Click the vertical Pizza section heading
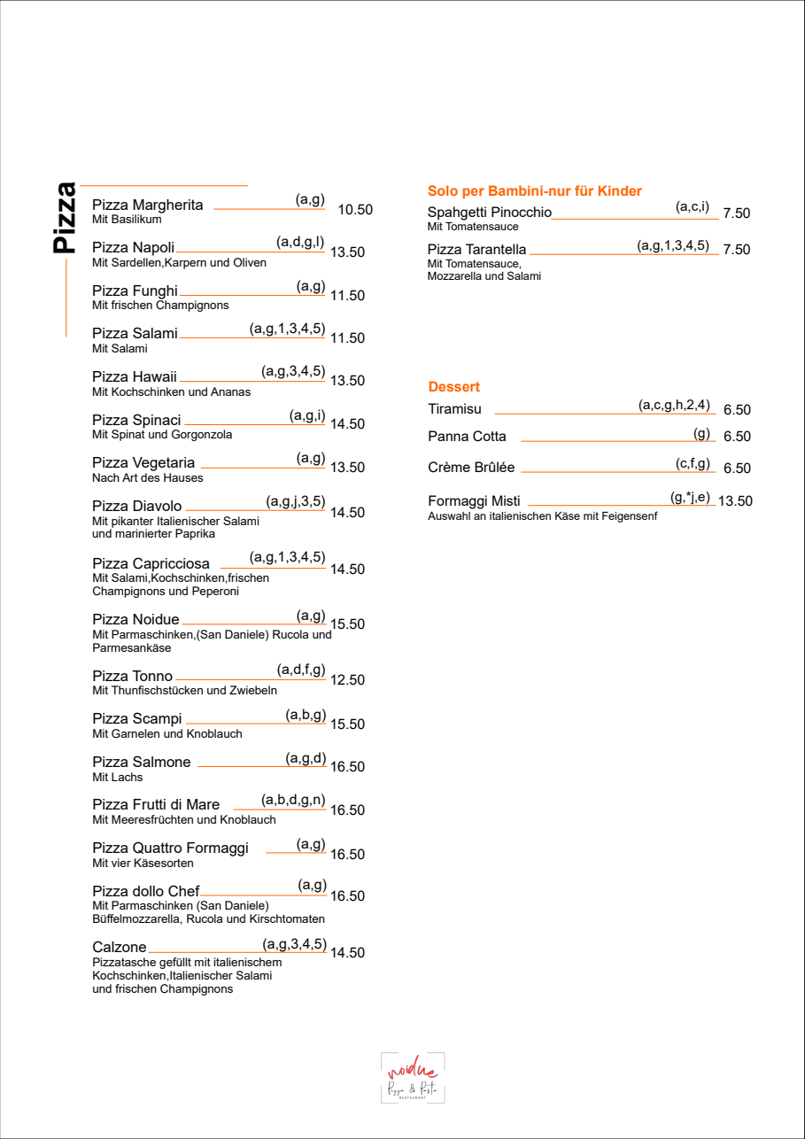click(64, 218)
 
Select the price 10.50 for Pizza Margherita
click(355, 210)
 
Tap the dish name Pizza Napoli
click(133, 248)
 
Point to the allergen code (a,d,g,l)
click(300, 242)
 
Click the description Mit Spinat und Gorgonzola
click(162, 435)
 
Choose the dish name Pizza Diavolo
click(136, 506)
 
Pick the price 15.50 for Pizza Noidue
click(347, 624)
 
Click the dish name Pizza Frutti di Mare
click(156, 805)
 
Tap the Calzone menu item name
click(120, 948)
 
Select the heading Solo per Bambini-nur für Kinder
click(534, 191)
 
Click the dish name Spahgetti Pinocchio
click(489, 213)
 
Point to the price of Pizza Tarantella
click(736, 250)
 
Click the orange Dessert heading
click(453, 387)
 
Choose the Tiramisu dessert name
click(454, 409)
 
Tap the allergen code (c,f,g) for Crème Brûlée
click(693, 463)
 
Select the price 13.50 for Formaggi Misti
click(734, 501)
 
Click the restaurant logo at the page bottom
click(413, 1078)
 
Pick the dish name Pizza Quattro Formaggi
click(170, 848)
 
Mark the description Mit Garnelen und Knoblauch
click(166, 734)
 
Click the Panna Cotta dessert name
click(467, 437)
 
